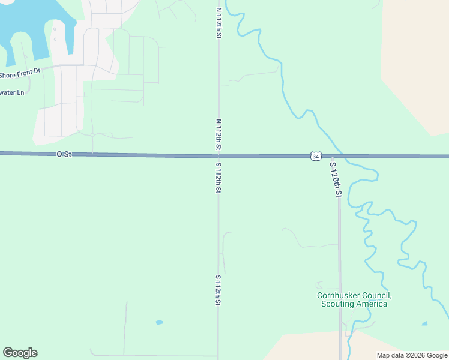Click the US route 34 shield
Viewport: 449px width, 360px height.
[315, 156]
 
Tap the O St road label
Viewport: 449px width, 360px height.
[64, 154]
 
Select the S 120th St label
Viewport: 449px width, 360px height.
[335, 178]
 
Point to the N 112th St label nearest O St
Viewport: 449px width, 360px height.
[218, 134]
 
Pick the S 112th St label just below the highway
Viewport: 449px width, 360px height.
[218, 176]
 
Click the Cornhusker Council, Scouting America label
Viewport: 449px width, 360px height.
[354, 299]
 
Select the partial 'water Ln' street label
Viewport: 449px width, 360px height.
[13, 92]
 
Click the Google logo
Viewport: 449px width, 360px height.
[20, 353]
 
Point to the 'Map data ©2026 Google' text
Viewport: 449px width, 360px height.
[412, 355]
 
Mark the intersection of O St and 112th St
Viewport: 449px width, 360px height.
[218, 156]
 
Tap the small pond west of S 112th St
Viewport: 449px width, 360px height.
[159, 322]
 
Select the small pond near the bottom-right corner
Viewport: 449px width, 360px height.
[424, 324]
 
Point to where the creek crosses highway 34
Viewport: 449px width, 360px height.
[341, 157]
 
